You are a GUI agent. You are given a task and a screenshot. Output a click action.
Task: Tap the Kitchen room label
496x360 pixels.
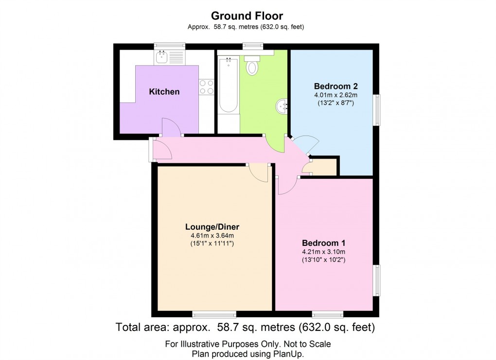pyautogui.click(x=164, y=92)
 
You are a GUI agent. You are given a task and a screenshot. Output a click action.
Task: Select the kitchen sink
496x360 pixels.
pyautogui.click(x=161, y=58)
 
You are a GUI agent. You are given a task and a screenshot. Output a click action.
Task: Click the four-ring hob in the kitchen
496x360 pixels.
pyautogui.click(x=207, y=86)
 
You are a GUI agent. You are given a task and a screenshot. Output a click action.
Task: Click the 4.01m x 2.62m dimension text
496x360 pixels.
pyautogui.click(x=336, y=95)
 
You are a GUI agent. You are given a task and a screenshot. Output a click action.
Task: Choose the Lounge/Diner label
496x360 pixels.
pyautogui.click(x=212, y=227)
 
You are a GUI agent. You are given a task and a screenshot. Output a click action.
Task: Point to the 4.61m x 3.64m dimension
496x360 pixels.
pyautogui.click(x=212, y=236)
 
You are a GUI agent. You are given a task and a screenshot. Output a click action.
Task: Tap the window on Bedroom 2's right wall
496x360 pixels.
pyautogui.click(x=377, y=111)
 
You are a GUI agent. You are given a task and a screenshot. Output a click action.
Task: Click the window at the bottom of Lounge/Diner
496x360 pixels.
pyautogui.click(x=214, y=314)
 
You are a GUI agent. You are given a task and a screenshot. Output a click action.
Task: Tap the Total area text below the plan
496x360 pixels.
pyautogui.click(x=246, y=327)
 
